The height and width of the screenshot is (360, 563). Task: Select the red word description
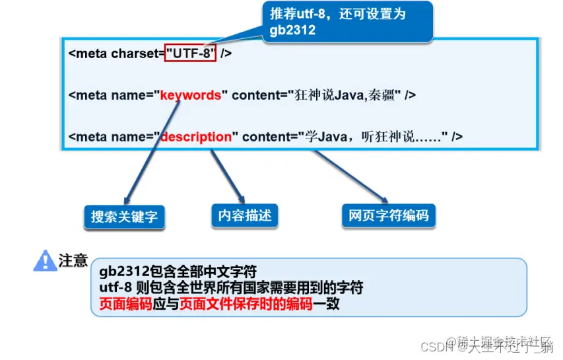click(197, 137)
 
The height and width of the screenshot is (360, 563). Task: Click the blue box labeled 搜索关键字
click(124, 217)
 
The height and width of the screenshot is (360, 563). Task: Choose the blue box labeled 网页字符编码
click(388, 215)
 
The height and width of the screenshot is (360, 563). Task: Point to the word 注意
click(73, 260)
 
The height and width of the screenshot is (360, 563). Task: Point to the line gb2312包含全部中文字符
click(178, 271)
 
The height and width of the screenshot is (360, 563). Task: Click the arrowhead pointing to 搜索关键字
click(125, 201)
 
